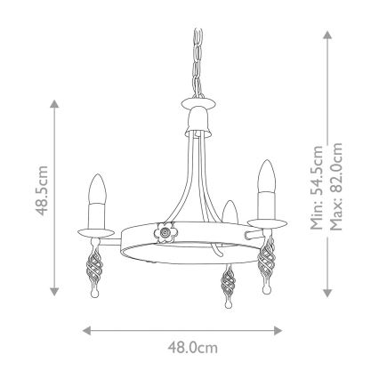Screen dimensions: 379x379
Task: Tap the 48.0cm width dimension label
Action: tap(193, 348)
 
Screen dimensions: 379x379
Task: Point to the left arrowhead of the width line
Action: tap(85, 329)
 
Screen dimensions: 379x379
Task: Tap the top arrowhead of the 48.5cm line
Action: tap(55, 103)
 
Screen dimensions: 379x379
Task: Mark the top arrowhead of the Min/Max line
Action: tap(328, 34)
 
